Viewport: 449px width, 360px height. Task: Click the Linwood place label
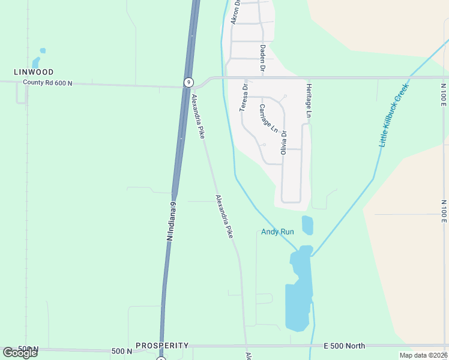coord(34,72)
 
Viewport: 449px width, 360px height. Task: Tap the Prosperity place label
coord(162,346)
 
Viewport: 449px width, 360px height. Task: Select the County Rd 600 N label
coord(47,83)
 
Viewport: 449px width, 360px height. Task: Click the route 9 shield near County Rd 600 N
coord(188,82)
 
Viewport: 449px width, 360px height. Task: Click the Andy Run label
coord(277,232)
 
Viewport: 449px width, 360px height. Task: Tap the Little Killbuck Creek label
coord(394,115)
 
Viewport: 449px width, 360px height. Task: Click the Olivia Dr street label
coord(285,143)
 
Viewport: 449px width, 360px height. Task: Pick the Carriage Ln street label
coord(268,118)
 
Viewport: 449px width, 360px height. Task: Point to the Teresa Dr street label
coord(244,97)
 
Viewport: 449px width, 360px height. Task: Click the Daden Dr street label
coord(262,59)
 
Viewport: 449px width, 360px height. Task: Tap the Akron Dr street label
coord(235,12)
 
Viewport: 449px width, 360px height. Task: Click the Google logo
coord(20,353)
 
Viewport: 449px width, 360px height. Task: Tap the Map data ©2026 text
coord(423,355)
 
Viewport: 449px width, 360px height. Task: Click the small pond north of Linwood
coord(37,60)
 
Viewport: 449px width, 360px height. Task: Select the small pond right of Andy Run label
coord(307,225)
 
